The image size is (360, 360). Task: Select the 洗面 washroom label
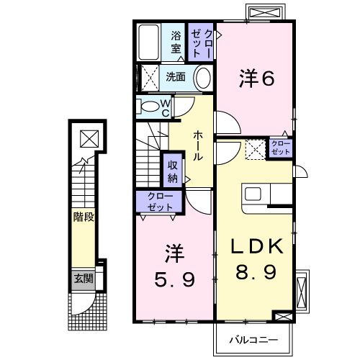(x=176, y=76)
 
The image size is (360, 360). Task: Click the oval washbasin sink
(x=204, y=77)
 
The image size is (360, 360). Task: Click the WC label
(x=165, y=107)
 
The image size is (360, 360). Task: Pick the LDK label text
(x=257, y=247)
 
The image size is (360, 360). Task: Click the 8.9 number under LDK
(x=257, y=274)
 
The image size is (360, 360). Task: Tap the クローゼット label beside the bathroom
(x=201, y=42)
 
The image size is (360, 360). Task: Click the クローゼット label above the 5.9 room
(x=160, y=202)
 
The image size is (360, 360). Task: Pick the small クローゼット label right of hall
(x=279, y=149)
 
